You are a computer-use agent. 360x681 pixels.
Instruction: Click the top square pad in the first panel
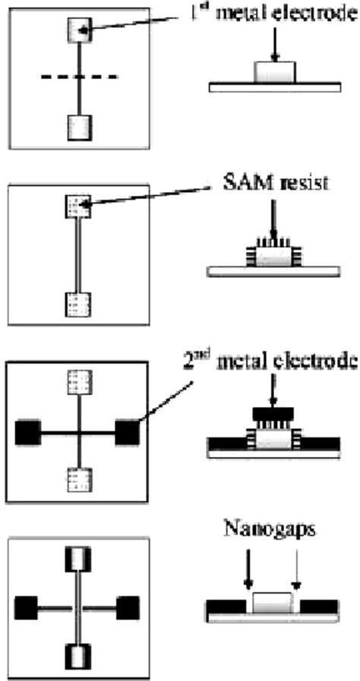[80, 30]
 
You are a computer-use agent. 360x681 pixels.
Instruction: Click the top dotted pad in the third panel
[79, 383]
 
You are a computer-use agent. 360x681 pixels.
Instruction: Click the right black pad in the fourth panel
[127, 607]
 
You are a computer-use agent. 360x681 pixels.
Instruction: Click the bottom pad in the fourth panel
[79, 656]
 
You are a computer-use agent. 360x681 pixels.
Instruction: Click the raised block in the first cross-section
[271, 73]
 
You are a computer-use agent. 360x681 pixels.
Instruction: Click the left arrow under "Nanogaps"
[247, 574]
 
